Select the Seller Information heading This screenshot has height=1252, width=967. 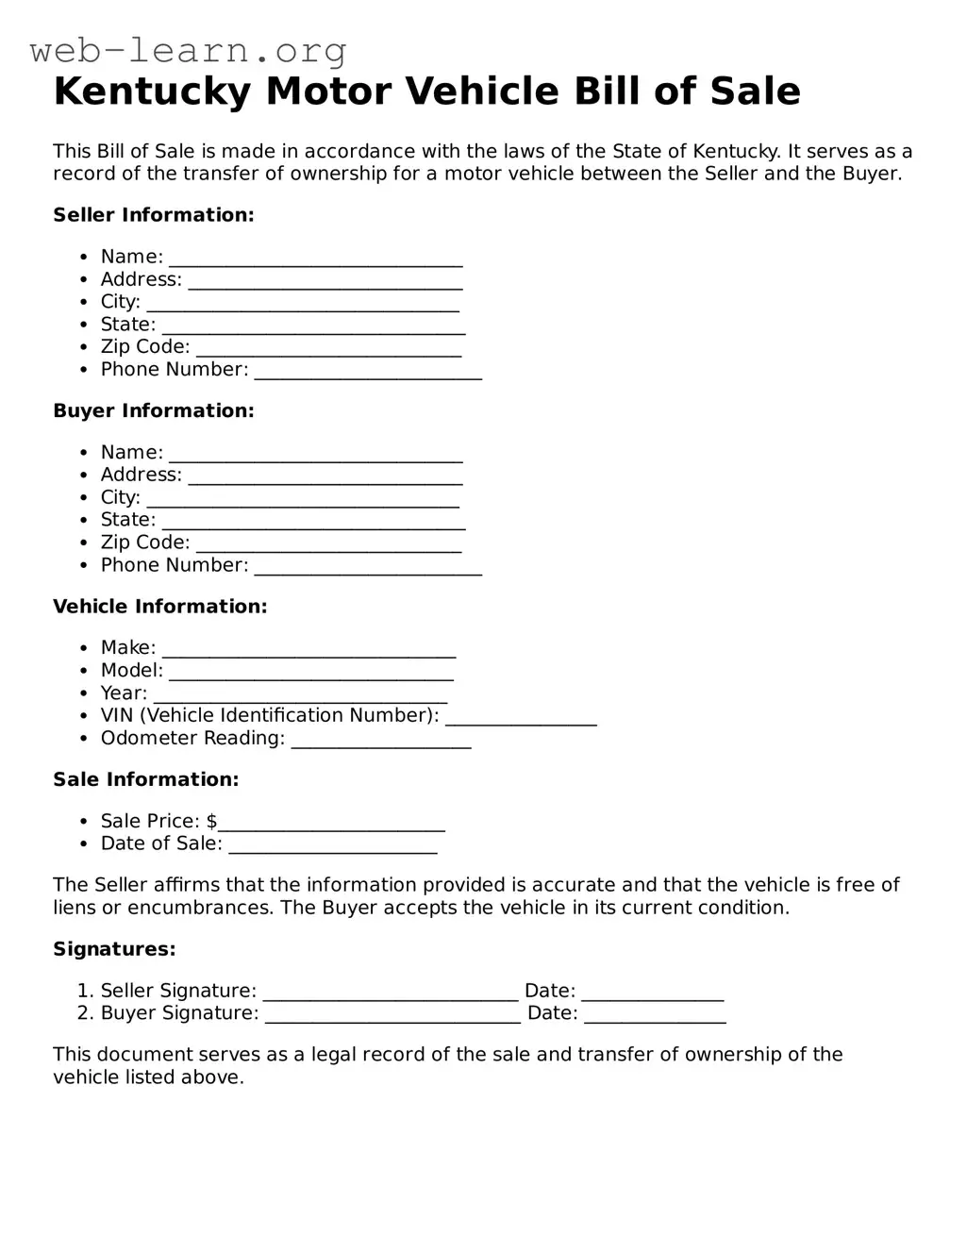tap(154, 215)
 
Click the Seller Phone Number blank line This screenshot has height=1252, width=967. tap(368, 375)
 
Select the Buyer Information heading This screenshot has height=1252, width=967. tap(154, 410)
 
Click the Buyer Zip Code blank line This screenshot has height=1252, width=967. tap(328, 547)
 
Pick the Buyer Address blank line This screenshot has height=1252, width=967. tap(325, 479)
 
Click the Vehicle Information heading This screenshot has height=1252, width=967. tap(159, 607)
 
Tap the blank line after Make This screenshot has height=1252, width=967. tap(308, 653)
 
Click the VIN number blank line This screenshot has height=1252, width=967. tap(521, 721)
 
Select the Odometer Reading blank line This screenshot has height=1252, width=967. tap(381, 743)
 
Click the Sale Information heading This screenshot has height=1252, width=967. tap(146, 779)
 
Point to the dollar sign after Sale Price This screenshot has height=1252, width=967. tap(212, 821)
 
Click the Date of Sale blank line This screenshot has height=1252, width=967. tap(332, 848)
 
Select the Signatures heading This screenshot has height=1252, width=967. tap(114, 949)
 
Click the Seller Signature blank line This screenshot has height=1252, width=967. tap(391, 995)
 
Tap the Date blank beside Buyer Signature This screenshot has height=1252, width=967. tap(655, 1018)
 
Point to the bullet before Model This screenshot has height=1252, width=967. tap(84, 671)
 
